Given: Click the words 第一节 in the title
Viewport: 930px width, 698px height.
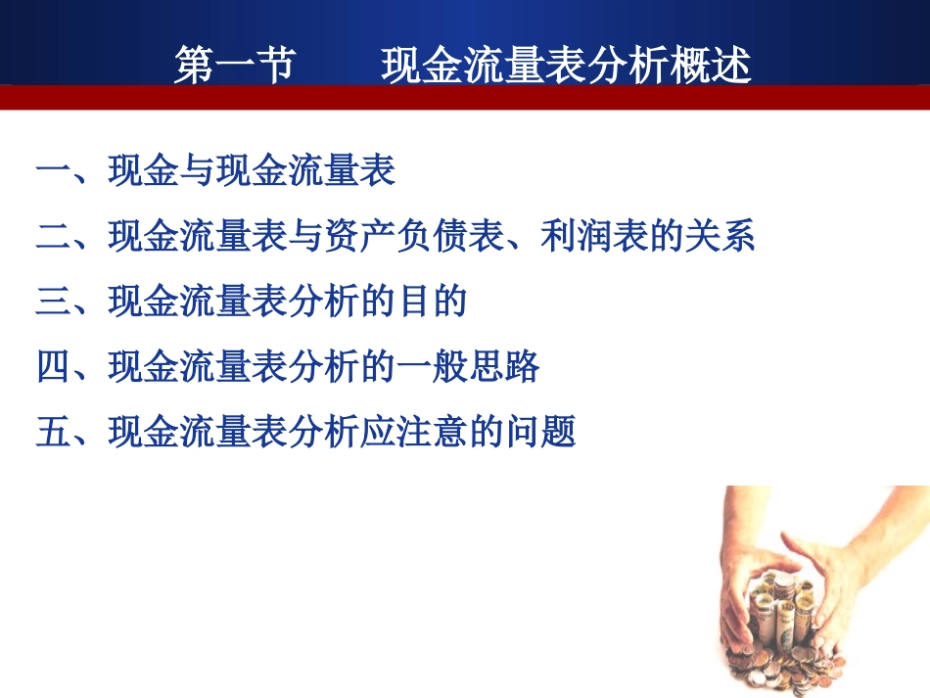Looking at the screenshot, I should [235, 66].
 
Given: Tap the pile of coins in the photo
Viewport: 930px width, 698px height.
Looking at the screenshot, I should [783, 627].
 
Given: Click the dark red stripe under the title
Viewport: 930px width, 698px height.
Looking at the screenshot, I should [465, 97].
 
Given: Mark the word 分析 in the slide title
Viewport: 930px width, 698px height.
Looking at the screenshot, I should [628, 66].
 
